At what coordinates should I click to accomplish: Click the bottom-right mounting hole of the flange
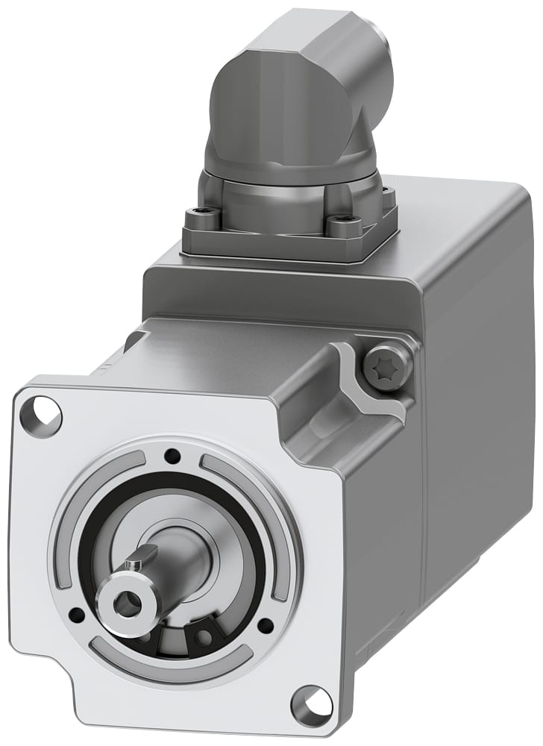coord(311,703)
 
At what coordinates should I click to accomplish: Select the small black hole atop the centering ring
coord(172,455)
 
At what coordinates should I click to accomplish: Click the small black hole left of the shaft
coord(76,614)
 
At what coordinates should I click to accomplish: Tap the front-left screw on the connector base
coord(201,220)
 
